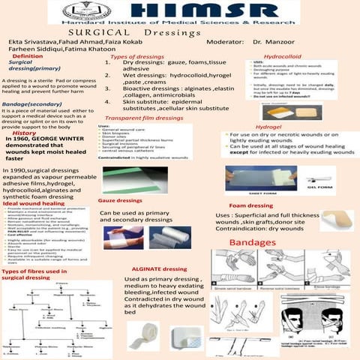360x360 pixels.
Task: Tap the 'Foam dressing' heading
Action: [x=250, y=205]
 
